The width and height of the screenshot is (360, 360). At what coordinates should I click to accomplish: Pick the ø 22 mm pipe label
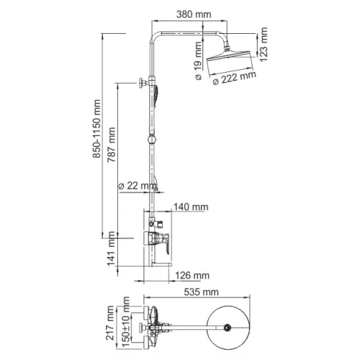coord(137,186)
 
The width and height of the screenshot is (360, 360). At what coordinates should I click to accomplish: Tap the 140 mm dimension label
coord(191,207)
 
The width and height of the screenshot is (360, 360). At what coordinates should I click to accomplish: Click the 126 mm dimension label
coord(192,275)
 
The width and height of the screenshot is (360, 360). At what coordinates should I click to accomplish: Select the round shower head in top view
coord(229,328)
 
